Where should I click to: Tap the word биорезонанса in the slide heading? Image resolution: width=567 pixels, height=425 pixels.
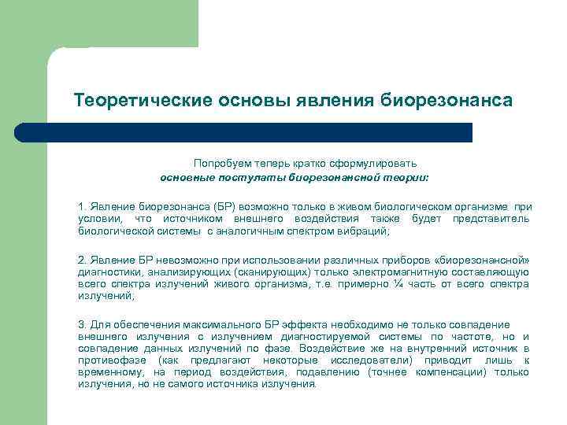click(447, 102)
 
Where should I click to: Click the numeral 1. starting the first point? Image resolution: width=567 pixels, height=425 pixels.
click(82, 205)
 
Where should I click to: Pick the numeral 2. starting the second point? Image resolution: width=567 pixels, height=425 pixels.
click(82, 259)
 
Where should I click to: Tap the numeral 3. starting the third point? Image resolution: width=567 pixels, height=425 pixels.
click(82, 324)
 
